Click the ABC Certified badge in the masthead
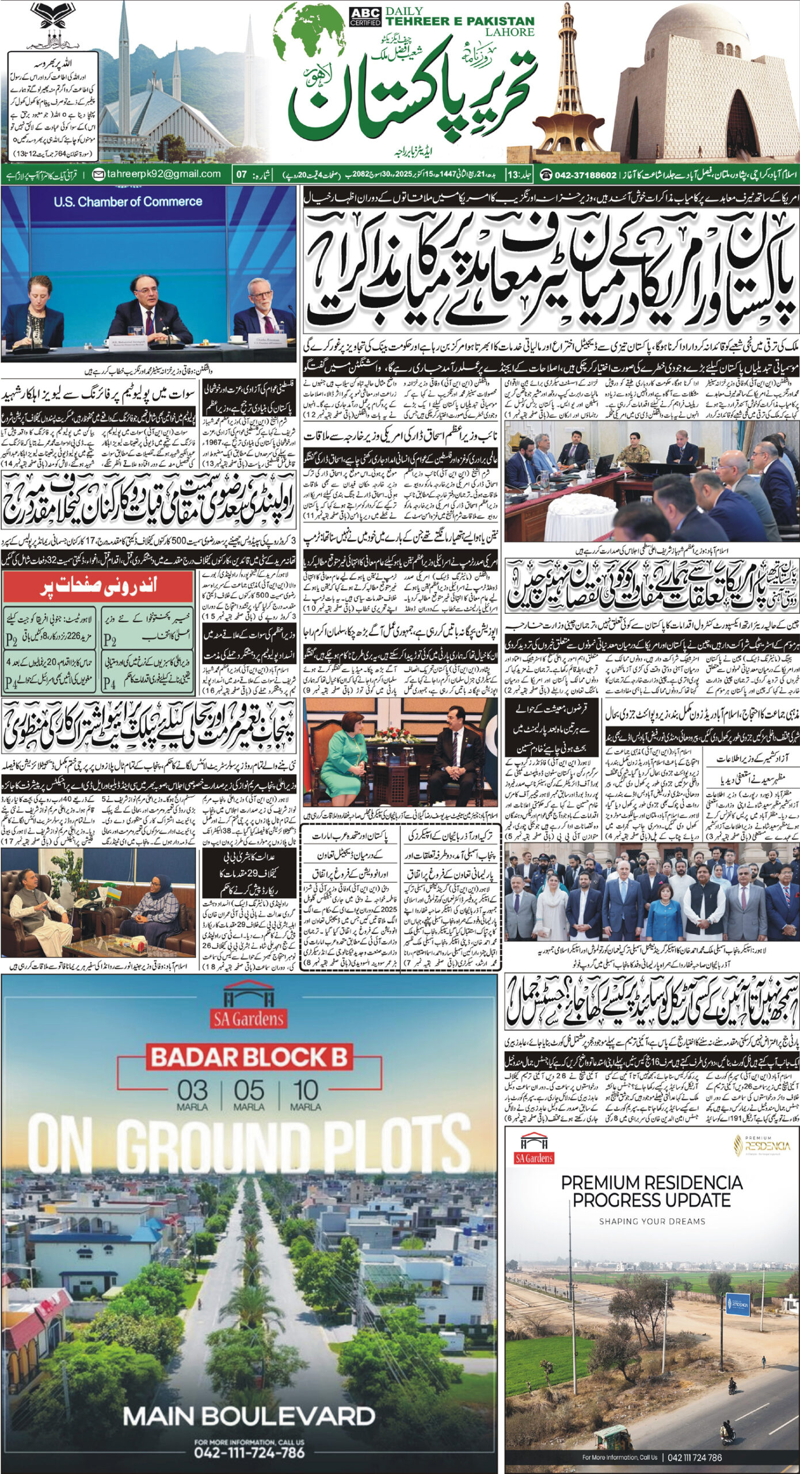[365, 16]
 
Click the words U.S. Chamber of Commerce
[128, 202]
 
